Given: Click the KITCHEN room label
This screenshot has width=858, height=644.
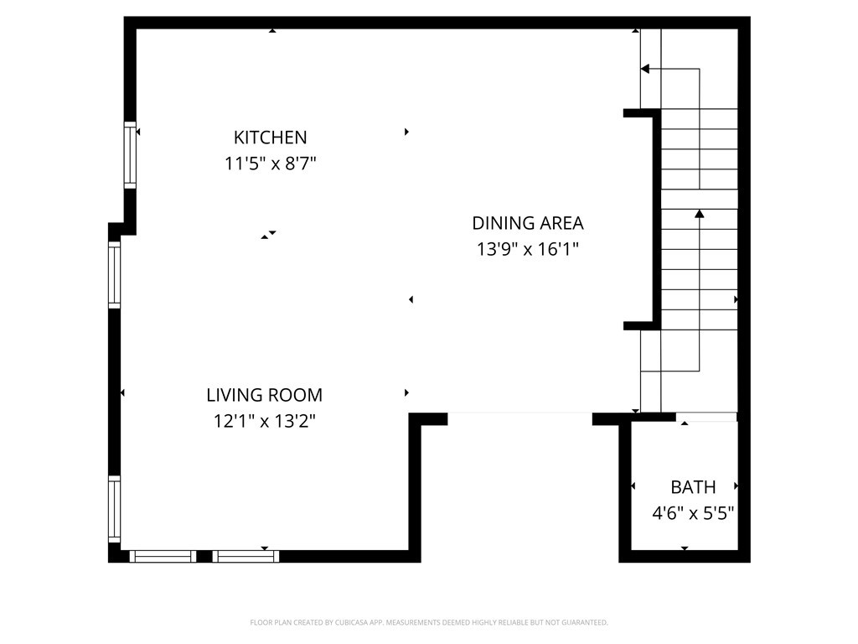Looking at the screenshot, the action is coord(270,138).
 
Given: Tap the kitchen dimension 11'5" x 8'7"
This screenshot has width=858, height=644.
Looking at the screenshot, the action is coord(270,164).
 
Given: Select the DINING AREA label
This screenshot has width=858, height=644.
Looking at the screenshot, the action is coord(527,223).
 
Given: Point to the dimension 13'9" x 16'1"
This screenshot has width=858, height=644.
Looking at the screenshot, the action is coord(527,249).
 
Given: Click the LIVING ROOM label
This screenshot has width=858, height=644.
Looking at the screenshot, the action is coord(264,395).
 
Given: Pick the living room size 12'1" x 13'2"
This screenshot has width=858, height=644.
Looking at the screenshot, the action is coord(264,421).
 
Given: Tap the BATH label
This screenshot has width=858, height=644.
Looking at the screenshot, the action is coord(693,487).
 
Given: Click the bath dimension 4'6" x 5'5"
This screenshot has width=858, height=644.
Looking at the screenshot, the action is coord(693,513).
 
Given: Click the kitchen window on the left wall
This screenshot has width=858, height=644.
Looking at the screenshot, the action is coord(130,153).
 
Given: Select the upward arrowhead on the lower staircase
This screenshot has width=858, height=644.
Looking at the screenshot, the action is coord(699,214).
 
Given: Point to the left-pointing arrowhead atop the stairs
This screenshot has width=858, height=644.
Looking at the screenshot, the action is coord(645,69).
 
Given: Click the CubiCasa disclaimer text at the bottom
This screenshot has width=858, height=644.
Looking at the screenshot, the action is coord(429,622).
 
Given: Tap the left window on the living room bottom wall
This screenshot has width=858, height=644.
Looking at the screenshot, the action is coord(163,555).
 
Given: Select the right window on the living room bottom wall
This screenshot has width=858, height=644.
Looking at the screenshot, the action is coord(246,555).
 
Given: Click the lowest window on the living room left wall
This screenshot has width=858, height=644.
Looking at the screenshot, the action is coord(115,508).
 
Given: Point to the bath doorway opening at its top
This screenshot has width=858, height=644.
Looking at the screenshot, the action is coord(706,417).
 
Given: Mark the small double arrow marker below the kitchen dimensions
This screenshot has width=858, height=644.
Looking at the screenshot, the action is coord(268,235).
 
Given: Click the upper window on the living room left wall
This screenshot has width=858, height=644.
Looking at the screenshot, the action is coord(115,275).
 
